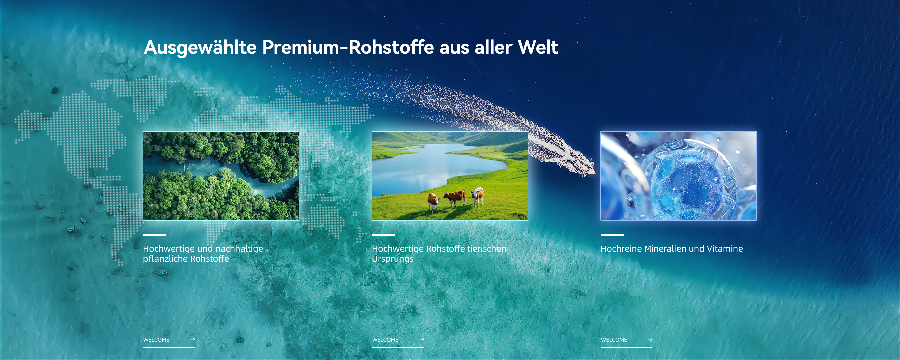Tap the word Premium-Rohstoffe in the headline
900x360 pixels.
click(x=348, y=47)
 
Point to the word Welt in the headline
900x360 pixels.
click(x=538, y=47)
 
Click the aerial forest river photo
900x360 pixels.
click(x=221, y=176)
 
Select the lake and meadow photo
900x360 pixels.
click(x=450, y=176)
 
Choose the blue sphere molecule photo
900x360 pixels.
click(x=678, y=176)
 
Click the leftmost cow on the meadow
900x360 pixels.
click(x=434, y=202)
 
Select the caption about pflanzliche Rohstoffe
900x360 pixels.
click(x=203, y=254)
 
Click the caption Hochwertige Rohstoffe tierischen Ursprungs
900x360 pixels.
click(x=439, y=254)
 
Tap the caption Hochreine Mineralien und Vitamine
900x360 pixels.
click(x=672, y=249)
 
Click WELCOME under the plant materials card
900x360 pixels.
click(x=156, y=340)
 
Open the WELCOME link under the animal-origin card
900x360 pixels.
click(x=385, y=340)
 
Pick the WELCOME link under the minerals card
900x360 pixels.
click(x=614, y=340)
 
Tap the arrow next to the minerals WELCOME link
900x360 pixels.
click(x=650, y=340)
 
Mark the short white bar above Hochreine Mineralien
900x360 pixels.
click(x=612, y=235)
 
